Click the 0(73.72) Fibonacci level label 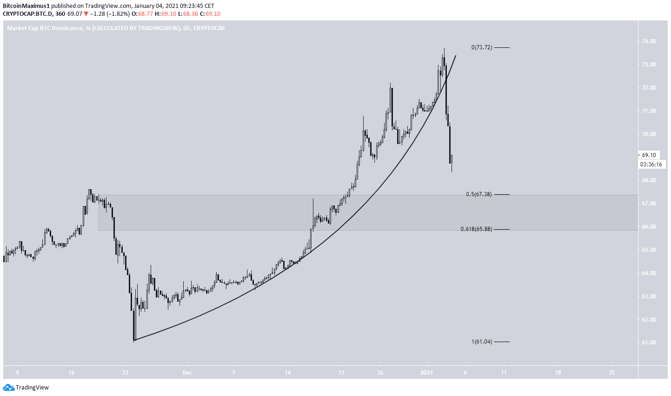point(481,47)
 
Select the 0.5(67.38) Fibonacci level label point(478,194)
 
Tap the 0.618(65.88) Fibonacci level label point(476,229)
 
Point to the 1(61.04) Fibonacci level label point(481,342)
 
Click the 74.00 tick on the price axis point(649,41)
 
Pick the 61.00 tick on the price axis point(649,343)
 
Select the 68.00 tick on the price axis point(649,180)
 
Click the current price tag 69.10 point(649,155)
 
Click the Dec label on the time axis point(187,373)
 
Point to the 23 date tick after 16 point(125,373)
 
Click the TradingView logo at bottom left point(26,388)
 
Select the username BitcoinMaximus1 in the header point(25,6)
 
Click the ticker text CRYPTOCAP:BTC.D point(26,14)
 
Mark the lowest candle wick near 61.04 point(134,341)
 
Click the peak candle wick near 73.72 point(444,49)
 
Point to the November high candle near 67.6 point(89,190)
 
